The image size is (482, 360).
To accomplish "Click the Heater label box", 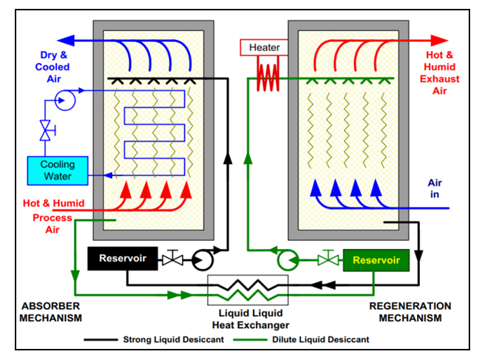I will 263,47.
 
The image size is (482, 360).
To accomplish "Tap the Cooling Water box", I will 57,170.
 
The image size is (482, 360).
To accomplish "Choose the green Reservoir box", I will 376,260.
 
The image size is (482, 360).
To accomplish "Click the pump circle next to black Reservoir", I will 200,259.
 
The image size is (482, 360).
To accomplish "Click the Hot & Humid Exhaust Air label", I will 443,72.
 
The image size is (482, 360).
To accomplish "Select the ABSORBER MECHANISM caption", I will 49,312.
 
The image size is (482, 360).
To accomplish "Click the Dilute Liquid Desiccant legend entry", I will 313,340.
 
